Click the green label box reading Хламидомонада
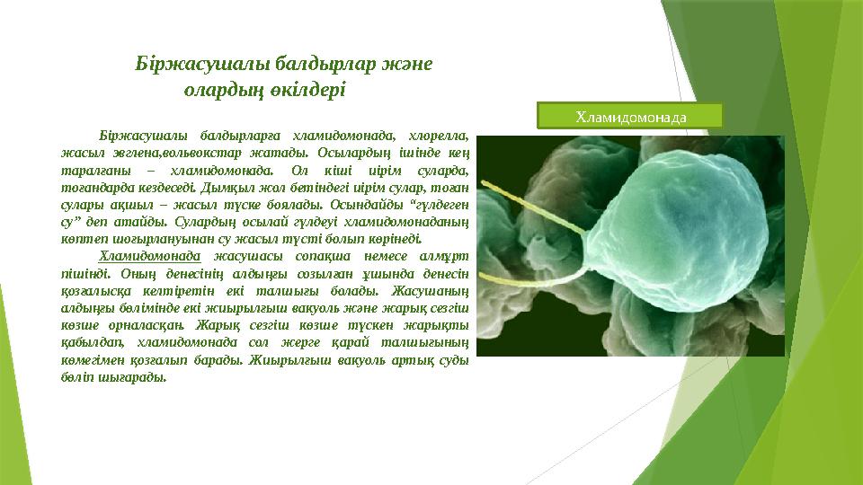tap(630, 116)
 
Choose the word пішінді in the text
tap(89, 272)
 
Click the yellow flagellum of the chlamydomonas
tap(539, 279)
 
